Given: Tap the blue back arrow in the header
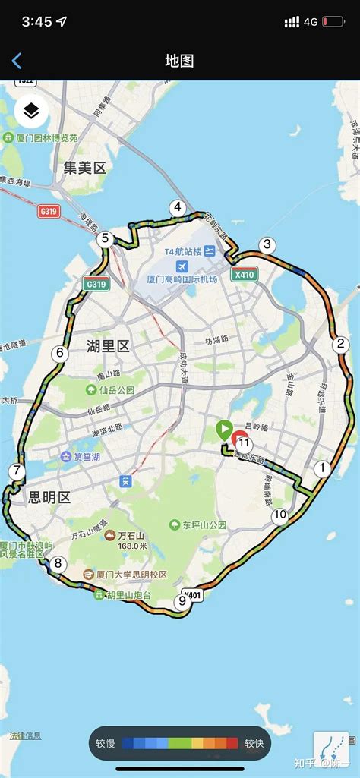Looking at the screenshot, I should coord(17,61).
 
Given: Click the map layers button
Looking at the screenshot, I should coord(31,112).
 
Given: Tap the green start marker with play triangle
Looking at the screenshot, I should coord(224,430).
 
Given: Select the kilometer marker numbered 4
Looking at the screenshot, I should coord(178,207).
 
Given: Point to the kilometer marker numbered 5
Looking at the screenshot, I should coord(106,239).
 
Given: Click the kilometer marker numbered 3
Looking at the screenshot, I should coord(266,244).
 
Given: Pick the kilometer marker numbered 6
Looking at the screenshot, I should coord(59,353).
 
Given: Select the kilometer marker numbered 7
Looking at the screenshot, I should coord(17,471).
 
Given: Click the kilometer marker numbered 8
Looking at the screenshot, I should coord(58,564).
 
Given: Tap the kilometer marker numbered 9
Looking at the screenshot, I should coord(181,602).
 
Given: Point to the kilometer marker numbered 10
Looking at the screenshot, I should coord(280,515).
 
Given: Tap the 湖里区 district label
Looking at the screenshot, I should coord(108,347).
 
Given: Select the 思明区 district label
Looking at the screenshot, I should coord(49,497).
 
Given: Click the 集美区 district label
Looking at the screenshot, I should coord(84,168).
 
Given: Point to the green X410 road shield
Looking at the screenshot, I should coord(244,275).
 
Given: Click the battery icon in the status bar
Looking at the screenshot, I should coord(333,22).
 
